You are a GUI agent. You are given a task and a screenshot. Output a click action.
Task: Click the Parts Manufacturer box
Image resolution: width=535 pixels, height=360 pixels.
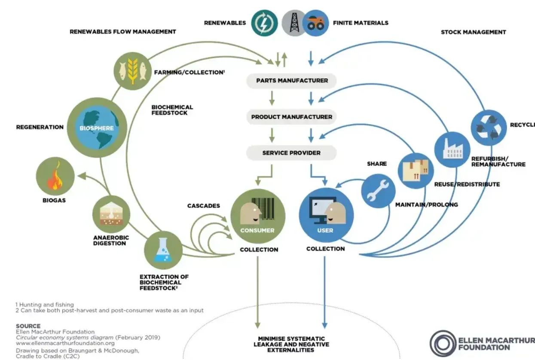coord(291,80)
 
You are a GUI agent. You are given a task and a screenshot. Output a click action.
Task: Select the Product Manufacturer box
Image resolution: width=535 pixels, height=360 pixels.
coord(291,117)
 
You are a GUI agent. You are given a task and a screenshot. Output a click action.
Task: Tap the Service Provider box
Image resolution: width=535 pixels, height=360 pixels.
coord(291,153)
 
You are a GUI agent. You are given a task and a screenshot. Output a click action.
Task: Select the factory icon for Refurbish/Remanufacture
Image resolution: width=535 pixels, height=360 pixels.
coord(452,149)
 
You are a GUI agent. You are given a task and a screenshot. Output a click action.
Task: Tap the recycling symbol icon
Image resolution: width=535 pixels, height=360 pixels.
coord(489,128)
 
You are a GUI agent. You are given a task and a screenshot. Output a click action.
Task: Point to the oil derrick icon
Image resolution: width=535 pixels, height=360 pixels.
coord(294,23)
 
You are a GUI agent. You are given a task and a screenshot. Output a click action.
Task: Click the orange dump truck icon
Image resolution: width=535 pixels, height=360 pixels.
coord(315,23)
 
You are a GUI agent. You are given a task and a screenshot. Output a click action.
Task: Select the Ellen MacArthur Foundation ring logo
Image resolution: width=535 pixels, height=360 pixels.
coord(443,344)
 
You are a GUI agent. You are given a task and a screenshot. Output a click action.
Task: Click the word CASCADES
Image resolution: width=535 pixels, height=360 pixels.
coord(203,206)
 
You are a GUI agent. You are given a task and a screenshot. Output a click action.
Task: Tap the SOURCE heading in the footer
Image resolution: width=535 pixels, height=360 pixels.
coord(28,326)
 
